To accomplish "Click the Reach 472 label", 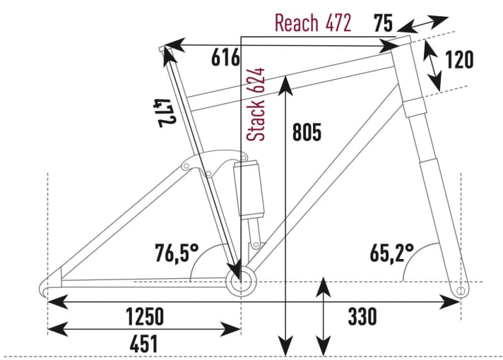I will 312,23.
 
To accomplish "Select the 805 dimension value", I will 306,131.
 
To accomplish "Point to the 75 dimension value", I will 383,23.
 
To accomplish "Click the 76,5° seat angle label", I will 177,252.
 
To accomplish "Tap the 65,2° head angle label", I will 391,252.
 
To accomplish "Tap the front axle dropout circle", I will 461,290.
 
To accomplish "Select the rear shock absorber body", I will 251,186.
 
